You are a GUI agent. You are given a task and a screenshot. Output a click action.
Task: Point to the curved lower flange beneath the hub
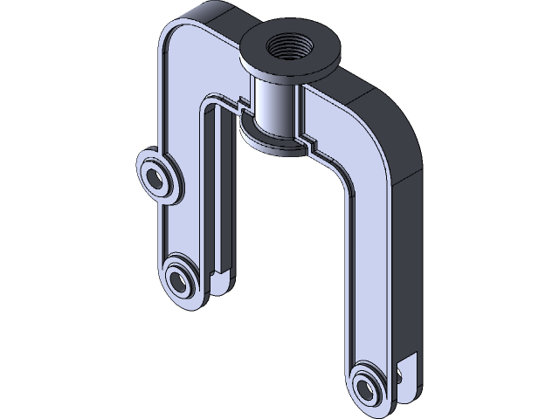(x=262, y=141)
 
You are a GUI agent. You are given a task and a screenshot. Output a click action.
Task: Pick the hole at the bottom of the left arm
(x=182, y=280)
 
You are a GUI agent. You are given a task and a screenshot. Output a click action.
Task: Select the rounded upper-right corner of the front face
(x=371, y=153)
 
